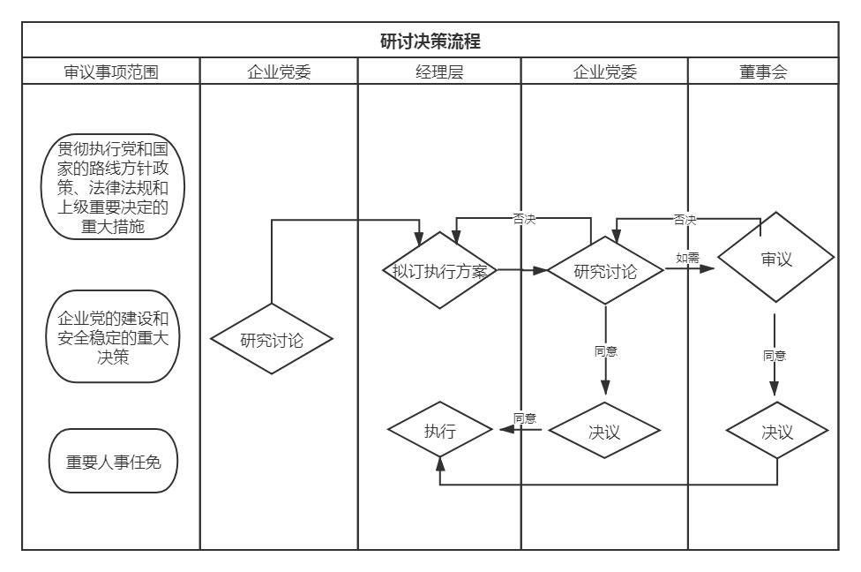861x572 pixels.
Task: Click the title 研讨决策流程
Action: coord(430,41)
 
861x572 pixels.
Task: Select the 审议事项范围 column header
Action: coord(111,72)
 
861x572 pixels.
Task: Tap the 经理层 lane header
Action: coord(439,72)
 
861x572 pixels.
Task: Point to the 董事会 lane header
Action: coord(763,72)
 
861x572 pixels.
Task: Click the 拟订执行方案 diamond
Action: coord(439,271)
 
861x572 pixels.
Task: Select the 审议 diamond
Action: coord(776,260)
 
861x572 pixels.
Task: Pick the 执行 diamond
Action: coord(439,432)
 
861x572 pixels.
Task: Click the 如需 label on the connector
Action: coord(688,258)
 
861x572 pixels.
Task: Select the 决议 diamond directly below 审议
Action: coord(777,433)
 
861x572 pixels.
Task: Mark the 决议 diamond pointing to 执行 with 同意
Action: coord(605,432)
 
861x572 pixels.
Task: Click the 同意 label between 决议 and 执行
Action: coord(526,418)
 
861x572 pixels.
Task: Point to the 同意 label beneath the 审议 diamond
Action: coord(775,356)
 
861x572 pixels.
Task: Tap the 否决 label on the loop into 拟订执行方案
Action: coord(524,219)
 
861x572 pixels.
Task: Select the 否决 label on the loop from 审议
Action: coord(685,219)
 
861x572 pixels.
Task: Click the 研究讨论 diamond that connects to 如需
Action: coord(605,271)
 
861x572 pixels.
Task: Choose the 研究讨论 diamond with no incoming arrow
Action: coord(272,340)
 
